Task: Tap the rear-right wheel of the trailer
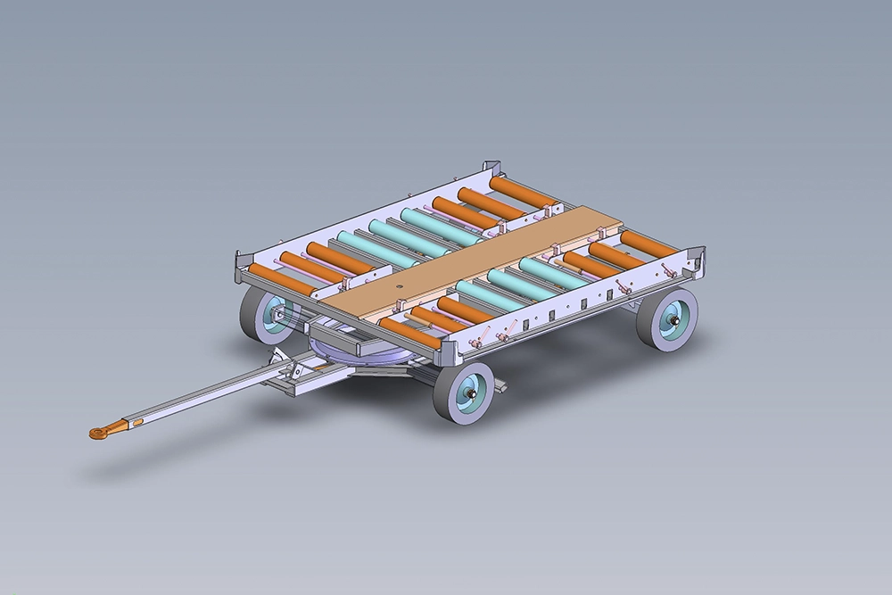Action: coord(667,318)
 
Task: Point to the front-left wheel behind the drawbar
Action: coord(263,317)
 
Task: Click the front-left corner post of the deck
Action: coord(238,264)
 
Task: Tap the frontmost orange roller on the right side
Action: coord(409,333)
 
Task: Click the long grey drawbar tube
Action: coord(205,395)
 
